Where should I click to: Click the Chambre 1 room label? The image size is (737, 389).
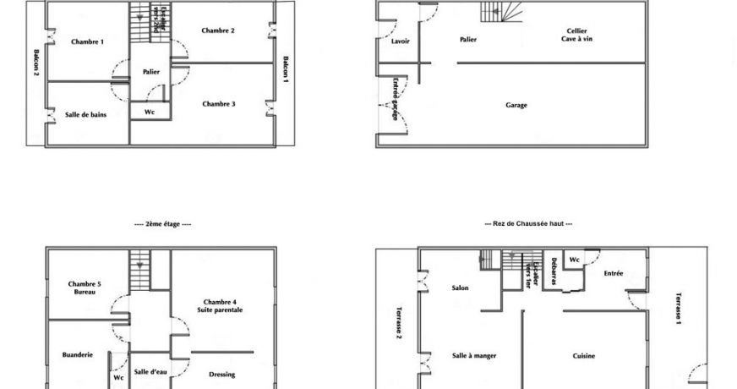click(x=87, y=41)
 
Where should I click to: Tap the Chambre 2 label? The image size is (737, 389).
click(x=218, y=30)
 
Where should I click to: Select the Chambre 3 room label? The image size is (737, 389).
click(x=218, y=104)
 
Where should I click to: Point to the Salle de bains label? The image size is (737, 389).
click(x=86, y=114)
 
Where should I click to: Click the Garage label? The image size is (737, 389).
click(x=516, y=106)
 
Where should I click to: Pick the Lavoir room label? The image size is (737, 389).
click(x=401, y=41)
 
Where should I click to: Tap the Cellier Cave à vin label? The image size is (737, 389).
click(x=576, y=35)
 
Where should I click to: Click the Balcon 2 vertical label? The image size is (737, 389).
click(x=36, y=61)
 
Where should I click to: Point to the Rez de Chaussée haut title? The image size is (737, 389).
click(x=528, y=224)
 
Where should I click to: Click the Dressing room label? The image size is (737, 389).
click(x=221, y=375)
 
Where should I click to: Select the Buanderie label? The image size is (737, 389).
click(x=77, y=355)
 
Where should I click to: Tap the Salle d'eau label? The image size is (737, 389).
click(x=150, y=371)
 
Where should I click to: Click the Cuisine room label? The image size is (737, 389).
click(x=583, y=356)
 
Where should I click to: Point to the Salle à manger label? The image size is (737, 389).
click(x=474, y=356)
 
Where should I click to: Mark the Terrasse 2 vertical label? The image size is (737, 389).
click(x=399, y=321)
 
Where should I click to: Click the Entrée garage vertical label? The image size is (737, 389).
click(x=395, y=99)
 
